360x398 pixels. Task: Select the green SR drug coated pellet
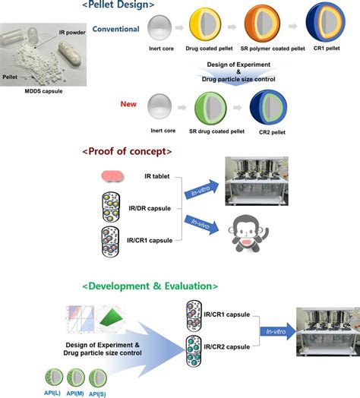210,108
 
